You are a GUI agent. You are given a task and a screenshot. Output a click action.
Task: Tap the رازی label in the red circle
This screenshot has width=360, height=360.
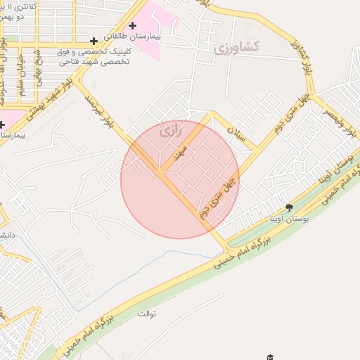(x=169, y=131)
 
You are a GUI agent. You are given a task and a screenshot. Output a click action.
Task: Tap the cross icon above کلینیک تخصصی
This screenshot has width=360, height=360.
(x=94, y=41)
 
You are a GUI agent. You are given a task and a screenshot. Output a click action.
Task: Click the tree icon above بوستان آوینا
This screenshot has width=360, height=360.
(x=289, y=207)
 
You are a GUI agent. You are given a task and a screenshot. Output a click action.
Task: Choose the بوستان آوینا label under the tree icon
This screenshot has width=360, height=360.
(x=289, y=219)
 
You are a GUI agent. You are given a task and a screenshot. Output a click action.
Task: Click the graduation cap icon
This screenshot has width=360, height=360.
(x=269, y=356)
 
